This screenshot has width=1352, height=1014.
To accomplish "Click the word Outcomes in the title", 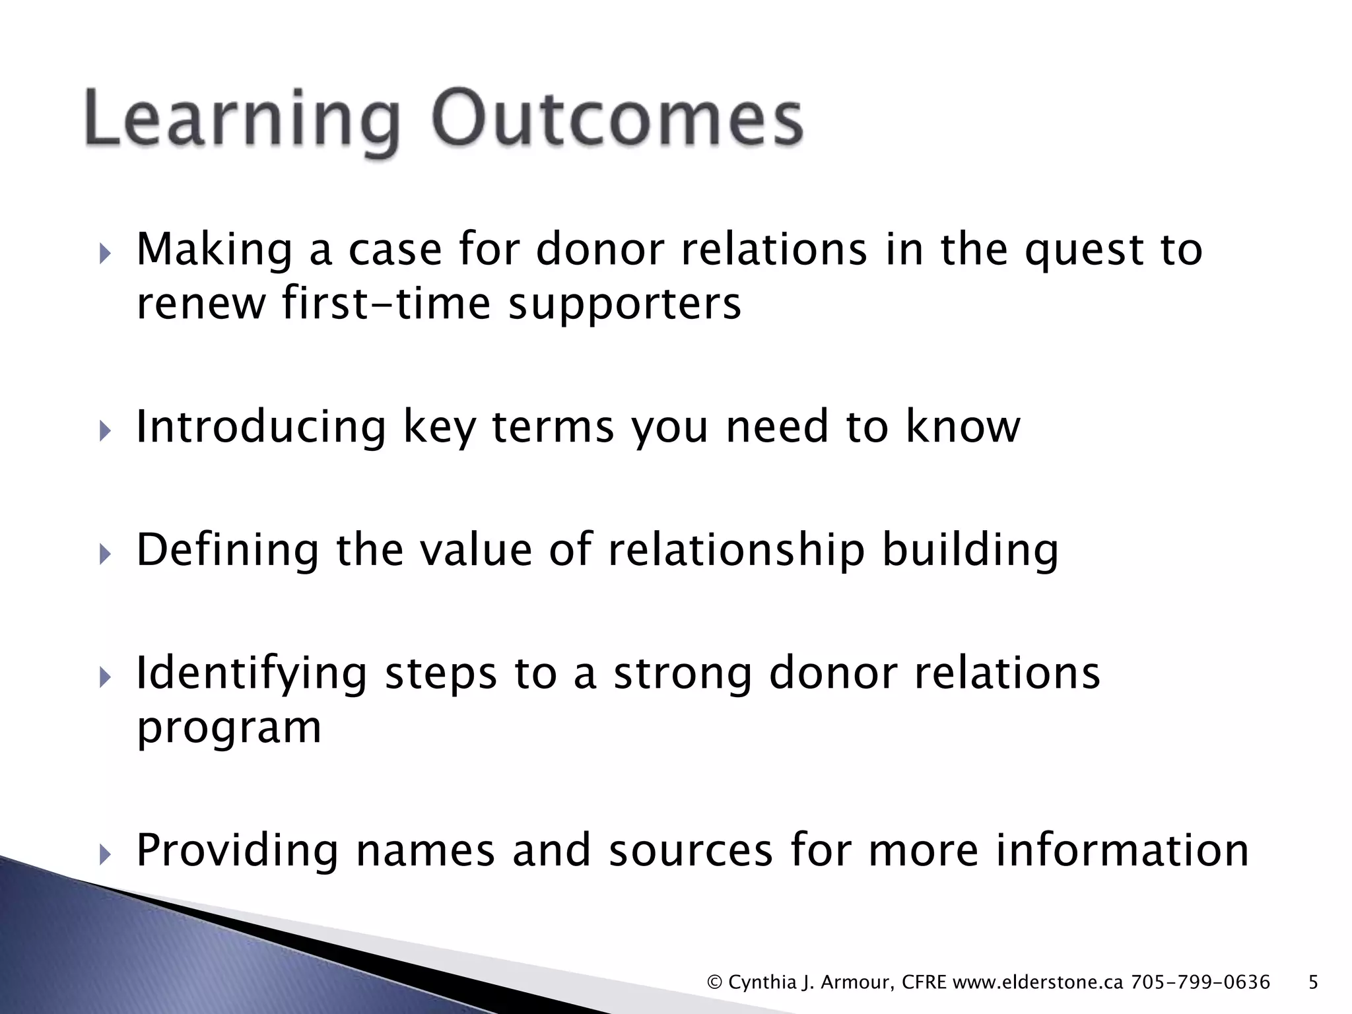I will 617,119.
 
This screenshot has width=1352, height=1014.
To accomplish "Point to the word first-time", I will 386,304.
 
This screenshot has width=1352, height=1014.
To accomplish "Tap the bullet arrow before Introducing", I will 104,432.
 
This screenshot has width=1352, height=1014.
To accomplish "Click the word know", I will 963,426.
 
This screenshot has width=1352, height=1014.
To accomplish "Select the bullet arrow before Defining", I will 104,555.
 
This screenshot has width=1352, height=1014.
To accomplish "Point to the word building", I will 970,551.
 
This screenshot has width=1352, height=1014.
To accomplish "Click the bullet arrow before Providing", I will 104,856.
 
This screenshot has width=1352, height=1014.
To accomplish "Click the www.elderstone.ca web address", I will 1038,982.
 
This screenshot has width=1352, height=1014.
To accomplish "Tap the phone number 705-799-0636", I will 1200,982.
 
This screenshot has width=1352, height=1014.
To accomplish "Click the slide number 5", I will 1313,982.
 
